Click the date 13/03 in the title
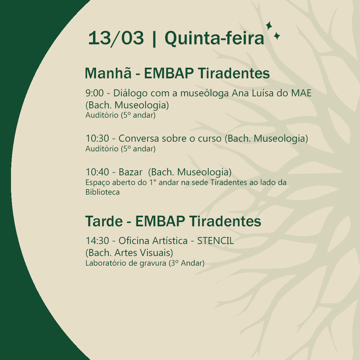(x=116, y=38)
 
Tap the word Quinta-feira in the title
(x=214, y=38)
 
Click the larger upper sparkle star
(x=269, y=26)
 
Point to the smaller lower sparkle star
(x=277, y=36)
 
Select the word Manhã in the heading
(x=108, y=73)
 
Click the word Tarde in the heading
(x=104, y=221)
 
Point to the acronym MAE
(x=301, y=93)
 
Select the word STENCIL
(x=215, y=240)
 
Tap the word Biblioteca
(x=102, y=192)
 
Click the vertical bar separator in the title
(x=154, y=38)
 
